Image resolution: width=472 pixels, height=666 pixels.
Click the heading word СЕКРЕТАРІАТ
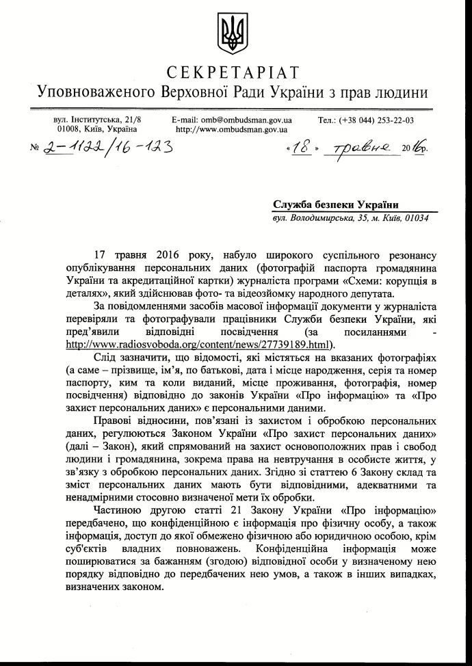233,72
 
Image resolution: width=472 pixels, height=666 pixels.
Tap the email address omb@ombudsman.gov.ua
232,120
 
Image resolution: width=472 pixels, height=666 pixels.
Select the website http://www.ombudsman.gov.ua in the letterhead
232,129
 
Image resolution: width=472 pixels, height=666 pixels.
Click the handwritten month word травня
367,147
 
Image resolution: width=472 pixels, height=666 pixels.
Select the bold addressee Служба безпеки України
336,204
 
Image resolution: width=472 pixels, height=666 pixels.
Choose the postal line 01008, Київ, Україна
97,129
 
